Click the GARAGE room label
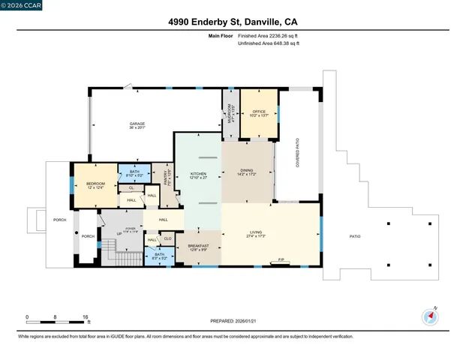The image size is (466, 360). [x=137, y=124]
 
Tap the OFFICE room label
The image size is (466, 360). [x=259, y=111]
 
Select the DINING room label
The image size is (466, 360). [x=247, y=170]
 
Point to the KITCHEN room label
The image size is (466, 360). [x=199, y=175]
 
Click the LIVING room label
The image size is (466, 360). [x=256, y=233]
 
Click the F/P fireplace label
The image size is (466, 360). [x=281, y=261]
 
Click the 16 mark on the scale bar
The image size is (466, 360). [x=86, y=316]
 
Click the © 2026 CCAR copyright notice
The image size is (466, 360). [x=21, y=5]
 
